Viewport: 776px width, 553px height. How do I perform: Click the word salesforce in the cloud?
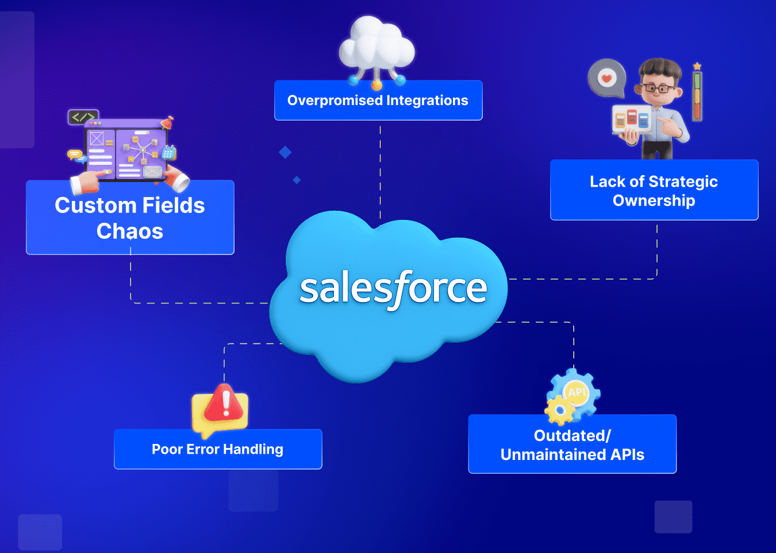coord(393,288)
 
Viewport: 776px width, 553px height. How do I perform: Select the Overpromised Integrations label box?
coord(378,100)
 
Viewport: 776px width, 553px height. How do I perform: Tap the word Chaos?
coord(130,231)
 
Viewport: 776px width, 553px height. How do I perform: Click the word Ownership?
coord(654,200)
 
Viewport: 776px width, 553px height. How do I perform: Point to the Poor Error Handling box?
coord(218,449)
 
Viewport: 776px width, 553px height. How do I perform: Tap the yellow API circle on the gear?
coord(577,392)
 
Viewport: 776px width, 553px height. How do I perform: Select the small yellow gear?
coord(558,410)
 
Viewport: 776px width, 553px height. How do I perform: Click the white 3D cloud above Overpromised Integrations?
coord(377,45)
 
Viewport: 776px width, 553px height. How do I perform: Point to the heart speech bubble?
coord(606,78)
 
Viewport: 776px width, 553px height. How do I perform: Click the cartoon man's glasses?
coord(659,88)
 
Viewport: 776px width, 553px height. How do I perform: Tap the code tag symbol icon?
coord(83,117)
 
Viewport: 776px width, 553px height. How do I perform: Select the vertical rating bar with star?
coord(697,95)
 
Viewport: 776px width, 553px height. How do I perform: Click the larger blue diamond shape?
coord(285,152)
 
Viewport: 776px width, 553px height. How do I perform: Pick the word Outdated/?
coord(573,436)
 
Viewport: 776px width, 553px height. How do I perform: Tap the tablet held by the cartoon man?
coord(632,119)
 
